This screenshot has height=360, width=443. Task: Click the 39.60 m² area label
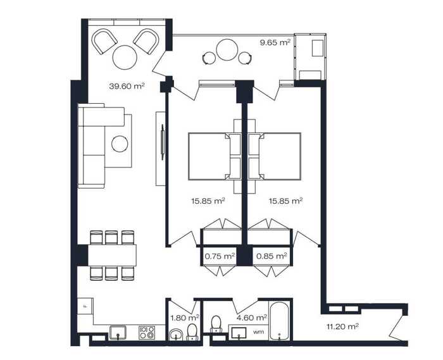click(127, 86)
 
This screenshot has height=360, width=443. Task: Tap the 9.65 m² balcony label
click(275, 42)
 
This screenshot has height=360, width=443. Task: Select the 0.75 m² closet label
click(220, 256)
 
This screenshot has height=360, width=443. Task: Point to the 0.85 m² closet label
click(271, 256)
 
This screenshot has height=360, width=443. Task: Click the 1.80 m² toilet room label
click(185, 318)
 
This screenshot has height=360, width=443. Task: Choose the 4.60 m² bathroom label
click(252, 318)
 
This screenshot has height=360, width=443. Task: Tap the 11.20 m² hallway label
click(343, 326)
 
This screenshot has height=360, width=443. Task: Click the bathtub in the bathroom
click(279, 321)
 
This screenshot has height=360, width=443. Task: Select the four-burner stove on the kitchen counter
click(147, 333)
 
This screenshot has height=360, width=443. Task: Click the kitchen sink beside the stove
click(118, 332)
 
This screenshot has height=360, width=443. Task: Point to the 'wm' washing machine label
click(258, 332)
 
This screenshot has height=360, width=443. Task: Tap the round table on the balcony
click(227, 50)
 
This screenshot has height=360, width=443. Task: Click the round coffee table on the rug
click(120, 144)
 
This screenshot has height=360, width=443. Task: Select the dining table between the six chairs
click(112, 256)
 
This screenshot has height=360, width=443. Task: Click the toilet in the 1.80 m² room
click(192, 332)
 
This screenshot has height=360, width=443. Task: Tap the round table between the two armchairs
click(125, 58)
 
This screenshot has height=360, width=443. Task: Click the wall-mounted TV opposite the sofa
click(163, 142)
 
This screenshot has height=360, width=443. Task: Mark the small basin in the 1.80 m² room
click(177, 335)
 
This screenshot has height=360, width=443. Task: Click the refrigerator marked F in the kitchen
click(85, 306)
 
